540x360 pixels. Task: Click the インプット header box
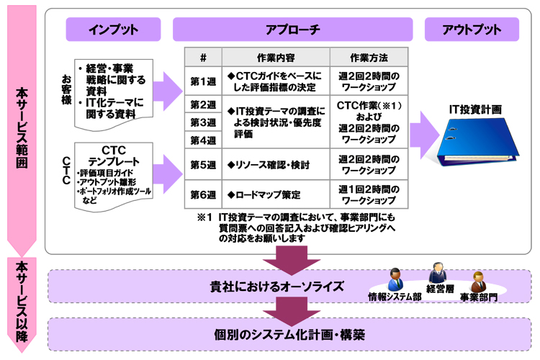113,30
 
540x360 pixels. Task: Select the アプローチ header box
292,30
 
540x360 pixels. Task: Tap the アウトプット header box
472,30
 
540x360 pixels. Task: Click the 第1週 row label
203,81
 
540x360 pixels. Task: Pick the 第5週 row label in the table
203,165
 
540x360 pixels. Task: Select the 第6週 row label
203,194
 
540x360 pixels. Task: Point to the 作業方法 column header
369,57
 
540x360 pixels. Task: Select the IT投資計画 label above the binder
476,109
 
